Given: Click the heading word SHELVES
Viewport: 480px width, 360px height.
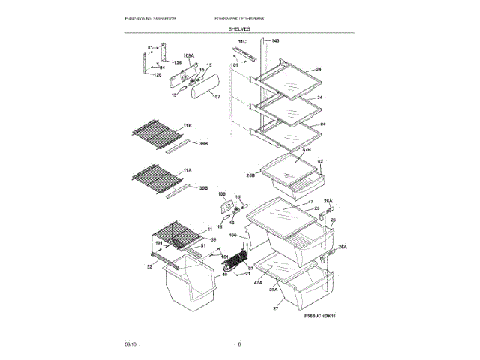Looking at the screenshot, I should pos(240,28).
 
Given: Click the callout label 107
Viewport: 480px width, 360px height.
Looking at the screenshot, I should pos(216,96).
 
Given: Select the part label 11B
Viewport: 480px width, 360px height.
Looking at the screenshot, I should pos(187,125).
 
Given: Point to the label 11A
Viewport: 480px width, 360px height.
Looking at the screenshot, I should pos(187,170).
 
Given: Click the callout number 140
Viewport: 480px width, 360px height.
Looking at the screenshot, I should pos(274,40).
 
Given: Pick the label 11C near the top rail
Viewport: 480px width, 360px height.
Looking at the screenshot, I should pos(242,40).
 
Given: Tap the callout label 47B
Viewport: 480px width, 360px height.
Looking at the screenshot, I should pos(306,150).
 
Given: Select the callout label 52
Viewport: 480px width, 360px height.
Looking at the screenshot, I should pos(148,266).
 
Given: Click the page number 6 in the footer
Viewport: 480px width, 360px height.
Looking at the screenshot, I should pos(239,343).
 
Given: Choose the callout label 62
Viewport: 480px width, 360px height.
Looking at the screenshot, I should pos(320,161).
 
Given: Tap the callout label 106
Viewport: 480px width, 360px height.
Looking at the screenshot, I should pos(233,235).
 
